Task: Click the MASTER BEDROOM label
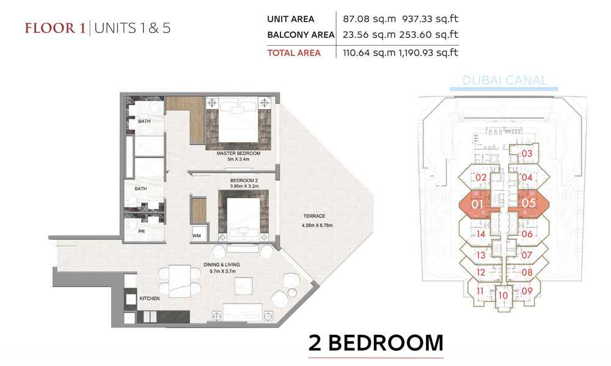click(238, 153)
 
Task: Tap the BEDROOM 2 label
click(244, 181)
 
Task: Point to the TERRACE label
click(315, 216)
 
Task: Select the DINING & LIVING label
click(222, 265)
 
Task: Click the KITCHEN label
click(150, 298)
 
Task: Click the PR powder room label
click(142, 231)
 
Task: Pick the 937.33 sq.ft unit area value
click(430, 19)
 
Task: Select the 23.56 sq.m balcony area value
click(369, 35)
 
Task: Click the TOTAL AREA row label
click(294, 53)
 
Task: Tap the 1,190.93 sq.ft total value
click(428, 52)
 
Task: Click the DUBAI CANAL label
click(505, 81)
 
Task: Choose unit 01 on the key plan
click(477, 204)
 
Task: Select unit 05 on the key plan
click(529, 203)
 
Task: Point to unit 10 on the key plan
click(503, 295)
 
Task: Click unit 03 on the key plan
click(527, 154)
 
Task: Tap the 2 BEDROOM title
click(376, 343)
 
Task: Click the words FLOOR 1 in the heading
click(55, 29)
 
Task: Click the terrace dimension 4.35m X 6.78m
click(317, 225)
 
